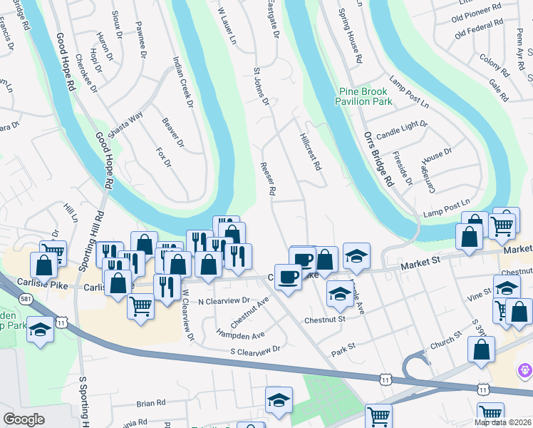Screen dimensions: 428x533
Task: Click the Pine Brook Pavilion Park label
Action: [366, 97]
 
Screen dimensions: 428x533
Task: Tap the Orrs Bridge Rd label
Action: [378, 158]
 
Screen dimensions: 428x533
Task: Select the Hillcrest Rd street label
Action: [311, 152]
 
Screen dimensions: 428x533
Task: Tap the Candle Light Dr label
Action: [402, 129]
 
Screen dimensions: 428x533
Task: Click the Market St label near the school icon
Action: [421, 264]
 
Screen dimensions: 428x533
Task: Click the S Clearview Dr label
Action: [255, 350]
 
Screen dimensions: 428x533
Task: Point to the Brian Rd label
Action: [150, 403]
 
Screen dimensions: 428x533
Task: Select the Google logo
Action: [24, 419]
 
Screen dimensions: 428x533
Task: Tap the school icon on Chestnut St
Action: [340, 292]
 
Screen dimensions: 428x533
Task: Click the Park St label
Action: [349, 352]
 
